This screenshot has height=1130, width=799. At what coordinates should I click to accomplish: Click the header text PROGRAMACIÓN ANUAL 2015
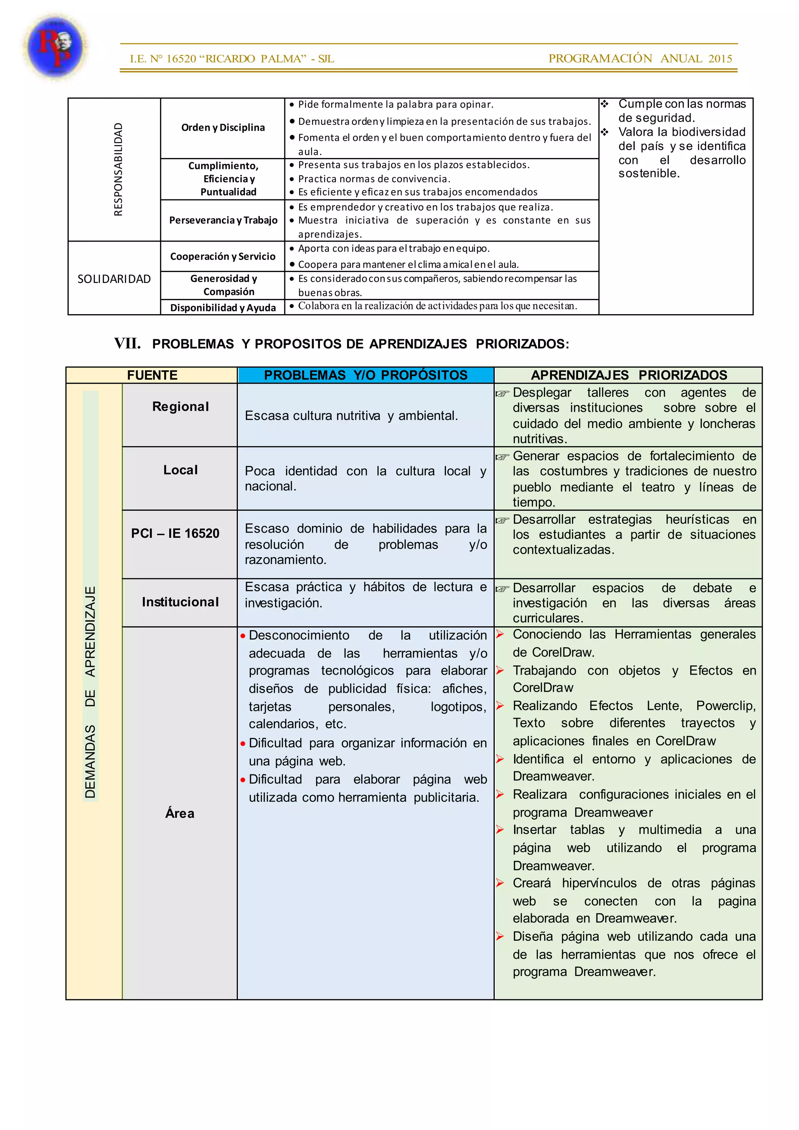[x=640, y=59]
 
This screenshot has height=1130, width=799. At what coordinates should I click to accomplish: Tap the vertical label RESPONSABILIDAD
[x=118, y=169]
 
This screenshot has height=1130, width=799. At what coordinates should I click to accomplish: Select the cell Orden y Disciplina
[x=223, y=128]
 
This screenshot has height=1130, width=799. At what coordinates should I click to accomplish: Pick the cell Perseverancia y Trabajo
[x=223, y=220]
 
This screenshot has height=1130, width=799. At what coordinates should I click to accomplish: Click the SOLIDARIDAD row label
[x=114, y=279]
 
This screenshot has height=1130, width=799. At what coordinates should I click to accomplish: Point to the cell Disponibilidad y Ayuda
[x=223, y=307]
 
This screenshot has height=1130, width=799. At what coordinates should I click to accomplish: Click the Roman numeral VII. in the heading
[x=128, y=343]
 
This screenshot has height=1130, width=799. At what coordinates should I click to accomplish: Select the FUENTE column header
[x=152, y=375]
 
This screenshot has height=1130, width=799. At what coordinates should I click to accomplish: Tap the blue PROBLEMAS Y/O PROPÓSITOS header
[x=366, y=375]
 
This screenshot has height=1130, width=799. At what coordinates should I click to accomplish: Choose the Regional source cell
[x=180, y=407]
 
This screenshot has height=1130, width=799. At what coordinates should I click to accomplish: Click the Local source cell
[x=180, y=470]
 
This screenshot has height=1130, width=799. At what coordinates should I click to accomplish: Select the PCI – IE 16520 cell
[x=175, y=533]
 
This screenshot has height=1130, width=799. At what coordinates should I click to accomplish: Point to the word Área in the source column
[x=179, y=814]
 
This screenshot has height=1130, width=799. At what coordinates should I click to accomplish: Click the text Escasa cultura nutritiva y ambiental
[x=351, y=416]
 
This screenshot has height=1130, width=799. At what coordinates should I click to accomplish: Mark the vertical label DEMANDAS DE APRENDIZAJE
[x=91, y=691]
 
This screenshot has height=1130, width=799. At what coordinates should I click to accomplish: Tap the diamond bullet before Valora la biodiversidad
[x=605, y=132]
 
